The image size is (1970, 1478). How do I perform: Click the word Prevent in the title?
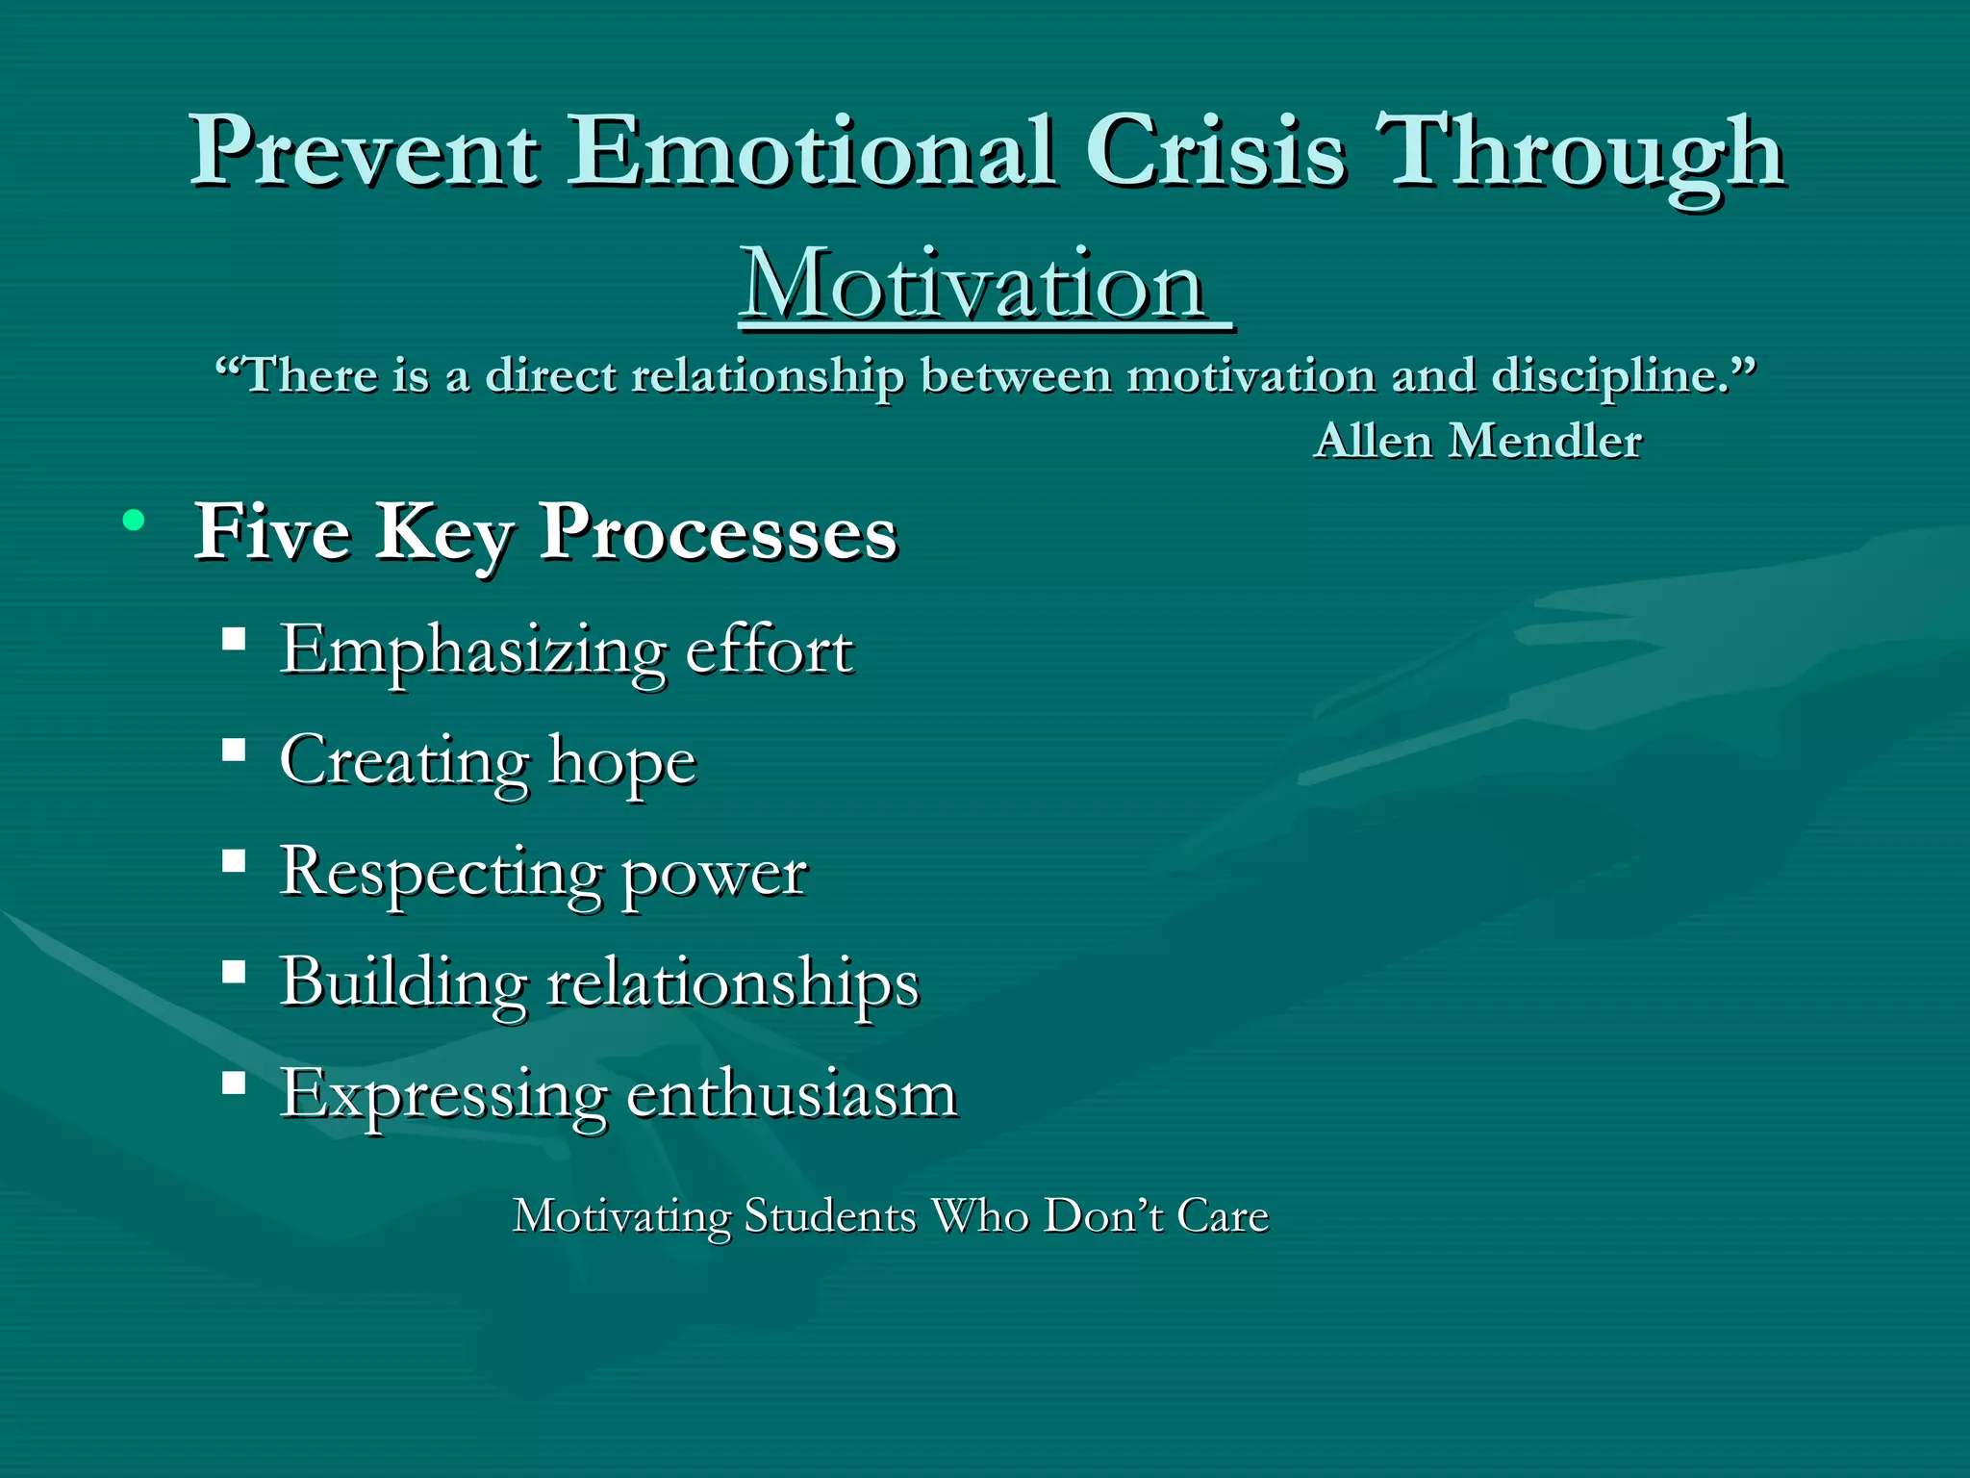click(364, 151)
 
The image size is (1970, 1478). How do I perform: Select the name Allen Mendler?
click(1477, 441)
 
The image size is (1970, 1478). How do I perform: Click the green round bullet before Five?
click(134, 521)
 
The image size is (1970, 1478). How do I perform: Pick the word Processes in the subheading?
click(718, 532)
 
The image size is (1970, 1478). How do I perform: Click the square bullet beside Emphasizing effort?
click(234, 639)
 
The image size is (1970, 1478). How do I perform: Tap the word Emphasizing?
click(472, 651)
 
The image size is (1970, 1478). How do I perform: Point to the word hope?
click(621, 762)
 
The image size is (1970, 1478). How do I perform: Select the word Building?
click(403, 983)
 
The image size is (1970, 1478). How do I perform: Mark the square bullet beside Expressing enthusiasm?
click(234, 1083)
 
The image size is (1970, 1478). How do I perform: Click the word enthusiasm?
click(791, 1095)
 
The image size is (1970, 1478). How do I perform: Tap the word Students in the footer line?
click(830, 1215)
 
